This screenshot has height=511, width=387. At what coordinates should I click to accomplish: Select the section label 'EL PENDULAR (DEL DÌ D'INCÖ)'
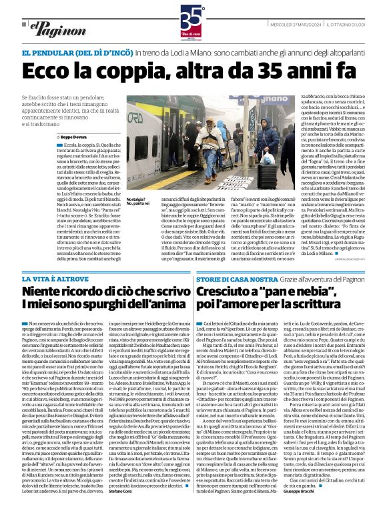tap(76, 53)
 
